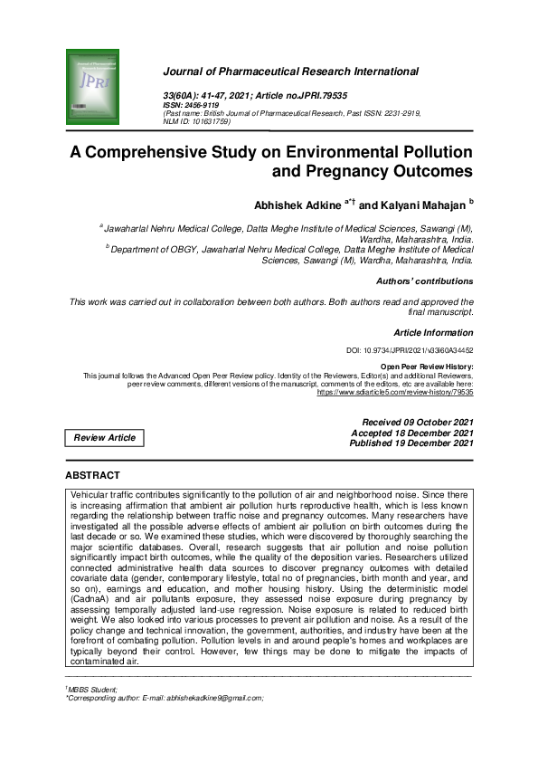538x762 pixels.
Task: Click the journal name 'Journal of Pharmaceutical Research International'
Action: coord(290,71)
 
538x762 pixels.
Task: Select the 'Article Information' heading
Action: coord(433,333)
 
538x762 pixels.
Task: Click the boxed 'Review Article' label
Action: coord(104,438)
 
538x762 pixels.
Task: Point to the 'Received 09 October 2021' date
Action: coord(417,423)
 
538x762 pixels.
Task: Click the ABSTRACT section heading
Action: coord(92,475)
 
